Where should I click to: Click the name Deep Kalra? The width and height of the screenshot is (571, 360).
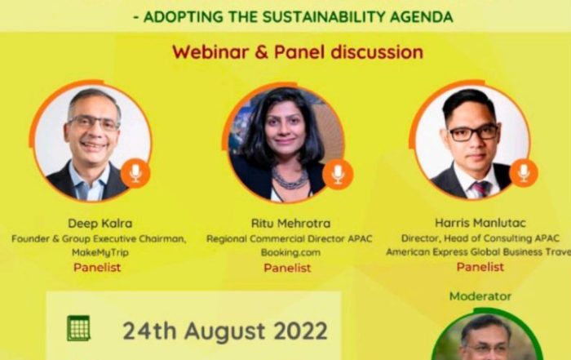100,224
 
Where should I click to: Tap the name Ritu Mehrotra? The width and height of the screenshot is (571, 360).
290,224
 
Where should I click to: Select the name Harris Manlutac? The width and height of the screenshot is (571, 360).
480,223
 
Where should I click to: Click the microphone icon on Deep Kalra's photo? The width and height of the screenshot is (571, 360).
135,173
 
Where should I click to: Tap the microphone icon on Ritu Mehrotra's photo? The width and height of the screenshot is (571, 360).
338,174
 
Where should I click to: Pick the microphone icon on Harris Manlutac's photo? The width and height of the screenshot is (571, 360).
524,173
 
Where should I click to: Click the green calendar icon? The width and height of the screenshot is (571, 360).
78,328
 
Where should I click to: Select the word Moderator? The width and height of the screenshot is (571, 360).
480,296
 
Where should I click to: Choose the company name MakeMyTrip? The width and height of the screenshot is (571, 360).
100,252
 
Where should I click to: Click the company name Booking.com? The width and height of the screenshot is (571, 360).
290,252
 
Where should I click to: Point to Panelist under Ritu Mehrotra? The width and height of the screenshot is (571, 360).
287,268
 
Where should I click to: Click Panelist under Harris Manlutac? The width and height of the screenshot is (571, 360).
480,267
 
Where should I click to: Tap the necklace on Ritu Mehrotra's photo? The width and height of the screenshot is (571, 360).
290,178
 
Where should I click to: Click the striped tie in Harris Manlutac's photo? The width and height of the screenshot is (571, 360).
480,188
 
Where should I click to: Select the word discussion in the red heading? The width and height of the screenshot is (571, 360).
377,52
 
